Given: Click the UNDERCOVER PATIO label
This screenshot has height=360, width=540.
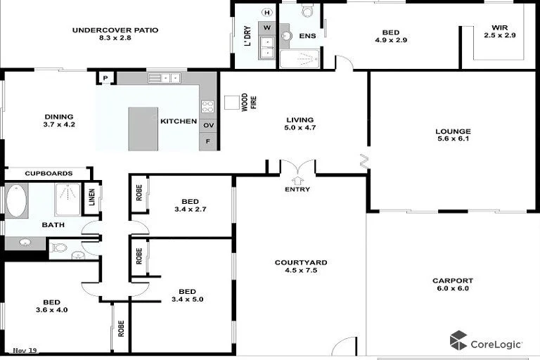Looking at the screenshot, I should coord(115,34).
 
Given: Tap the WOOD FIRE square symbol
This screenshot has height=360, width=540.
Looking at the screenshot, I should coord(232,103).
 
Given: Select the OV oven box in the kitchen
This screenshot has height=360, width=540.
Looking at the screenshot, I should coord(208,125).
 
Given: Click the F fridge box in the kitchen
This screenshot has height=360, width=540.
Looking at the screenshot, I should coord(208,141).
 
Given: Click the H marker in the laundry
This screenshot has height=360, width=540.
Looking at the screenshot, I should coord(266,12).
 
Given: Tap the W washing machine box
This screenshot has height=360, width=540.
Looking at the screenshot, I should coord(267,28).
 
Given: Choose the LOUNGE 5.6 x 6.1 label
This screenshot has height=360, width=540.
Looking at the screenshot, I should coord(453,135).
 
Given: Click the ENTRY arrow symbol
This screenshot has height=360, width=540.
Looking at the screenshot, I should coord(297,180).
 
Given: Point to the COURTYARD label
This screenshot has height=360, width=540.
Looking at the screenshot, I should coord(300,266).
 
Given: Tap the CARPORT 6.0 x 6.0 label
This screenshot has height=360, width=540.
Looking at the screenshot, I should coord(453,284).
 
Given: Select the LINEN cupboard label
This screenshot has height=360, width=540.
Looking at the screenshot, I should coord(91,198).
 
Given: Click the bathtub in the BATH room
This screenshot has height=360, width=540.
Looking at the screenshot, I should coord(16,200).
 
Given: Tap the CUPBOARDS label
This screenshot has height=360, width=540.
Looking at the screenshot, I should coord(49,173).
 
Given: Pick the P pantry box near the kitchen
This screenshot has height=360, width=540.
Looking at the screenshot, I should coord(105,78).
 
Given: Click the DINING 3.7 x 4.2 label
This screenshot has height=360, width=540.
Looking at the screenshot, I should coord(58,121).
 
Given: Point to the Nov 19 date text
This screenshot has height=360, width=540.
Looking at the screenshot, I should coord(25,349).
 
